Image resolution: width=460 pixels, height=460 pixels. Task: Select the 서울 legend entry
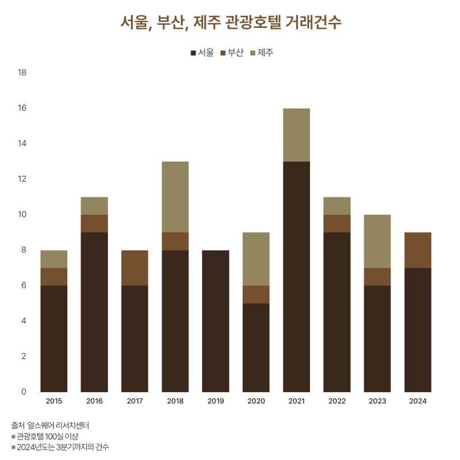click(x=202, y=53)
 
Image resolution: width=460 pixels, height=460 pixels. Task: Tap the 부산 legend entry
click(x=232, y=53)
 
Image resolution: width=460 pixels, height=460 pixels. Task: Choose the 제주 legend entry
click(x=262, y=53)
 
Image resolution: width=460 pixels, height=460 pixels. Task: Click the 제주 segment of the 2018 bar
click(x=175, y=197)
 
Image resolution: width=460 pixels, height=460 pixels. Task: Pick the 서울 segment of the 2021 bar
click(x=296, y=276)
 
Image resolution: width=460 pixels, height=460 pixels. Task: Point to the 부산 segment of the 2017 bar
click(x=135, y=267)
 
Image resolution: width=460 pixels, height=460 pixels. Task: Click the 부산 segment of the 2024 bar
click(x=417, y=250)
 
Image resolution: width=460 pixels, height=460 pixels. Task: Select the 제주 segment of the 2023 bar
click(x=377, y=241)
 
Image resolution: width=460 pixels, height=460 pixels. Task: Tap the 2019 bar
click(x=216, y=321)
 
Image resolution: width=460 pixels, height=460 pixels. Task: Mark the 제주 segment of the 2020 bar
click(x=256, y=259)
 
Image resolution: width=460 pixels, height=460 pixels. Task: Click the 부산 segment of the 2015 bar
click(x=54, y=277)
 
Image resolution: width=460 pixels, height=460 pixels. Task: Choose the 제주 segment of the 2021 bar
click(x=296, y=135)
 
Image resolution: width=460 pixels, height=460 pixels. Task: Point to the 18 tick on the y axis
click(x=23, y=72)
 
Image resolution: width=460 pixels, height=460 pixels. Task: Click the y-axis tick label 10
click(x=23, y=214)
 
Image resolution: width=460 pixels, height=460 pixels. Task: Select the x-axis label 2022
click(x=337, y=401)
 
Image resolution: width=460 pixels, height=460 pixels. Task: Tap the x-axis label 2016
click(x=94, y=401)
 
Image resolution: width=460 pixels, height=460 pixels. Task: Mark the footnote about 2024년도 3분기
click(x=60, y=447)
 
